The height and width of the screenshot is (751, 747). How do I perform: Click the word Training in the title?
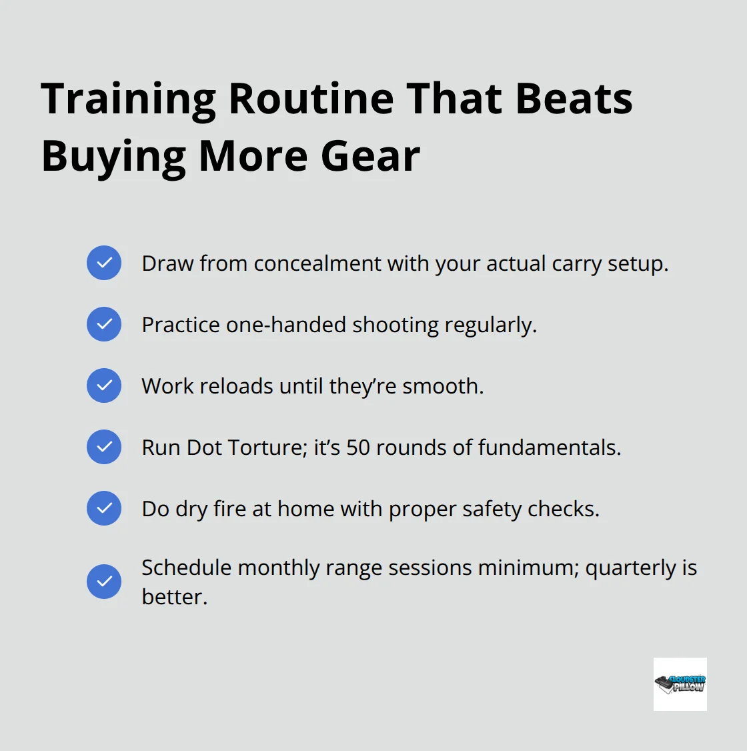pos(128,99)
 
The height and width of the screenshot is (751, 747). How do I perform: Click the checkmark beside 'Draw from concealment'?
pos(104,263)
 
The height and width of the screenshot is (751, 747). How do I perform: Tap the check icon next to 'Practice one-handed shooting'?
pos(104,324)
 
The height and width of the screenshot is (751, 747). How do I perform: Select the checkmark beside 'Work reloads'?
pos(104,386)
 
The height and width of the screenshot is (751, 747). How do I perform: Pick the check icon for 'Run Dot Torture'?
pos(104,447)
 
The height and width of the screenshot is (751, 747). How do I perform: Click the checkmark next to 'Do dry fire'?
pos(104,508)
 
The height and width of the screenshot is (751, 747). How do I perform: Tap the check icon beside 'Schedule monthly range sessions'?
pos(104,582)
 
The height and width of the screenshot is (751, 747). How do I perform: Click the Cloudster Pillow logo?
pos(680,684)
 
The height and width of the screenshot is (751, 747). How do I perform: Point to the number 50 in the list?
pos(358,448)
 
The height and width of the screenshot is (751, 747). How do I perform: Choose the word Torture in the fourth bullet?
pos(265,448)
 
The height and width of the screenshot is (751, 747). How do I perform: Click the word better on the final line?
pos(173,597)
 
